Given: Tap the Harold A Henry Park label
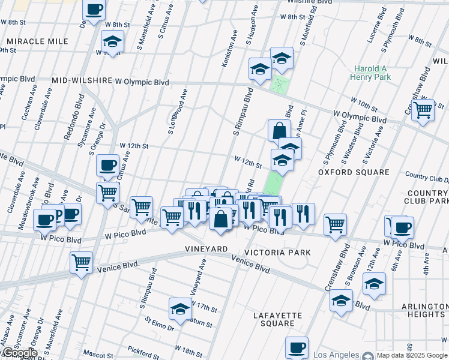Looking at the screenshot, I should tap(372, 73).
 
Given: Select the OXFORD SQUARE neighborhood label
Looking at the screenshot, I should tap(354, 172).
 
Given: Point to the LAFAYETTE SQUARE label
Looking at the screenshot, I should tap(274, 319).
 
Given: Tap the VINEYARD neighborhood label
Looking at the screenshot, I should tap(206, 248).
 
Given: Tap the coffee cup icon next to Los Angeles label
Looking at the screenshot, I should tap(297, 347).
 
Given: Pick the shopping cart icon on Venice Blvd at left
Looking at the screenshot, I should tap(81, 262).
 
